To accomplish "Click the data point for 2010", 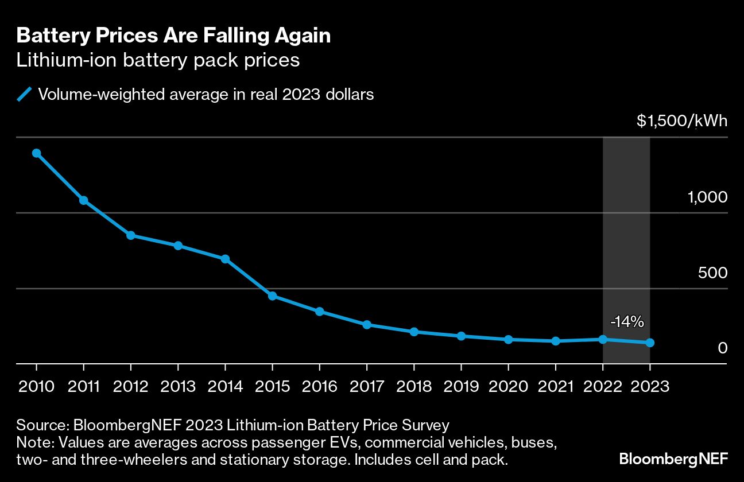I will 36,153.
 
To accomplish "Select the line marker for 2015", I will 273,296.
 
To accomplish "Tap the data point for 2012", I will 131,235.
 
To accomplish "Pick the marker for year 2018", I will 414,332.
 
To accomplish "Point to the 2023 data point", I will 650,343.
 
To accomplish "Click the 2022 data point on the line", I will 603,339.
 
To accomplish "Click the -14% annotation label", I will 626,322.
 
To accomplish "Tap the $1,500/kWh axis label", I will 681,121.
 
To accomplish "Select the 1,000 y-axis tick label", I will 707,197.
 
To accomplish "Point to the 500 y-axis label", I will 712,273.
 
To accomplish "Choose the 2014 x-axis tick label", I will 226,386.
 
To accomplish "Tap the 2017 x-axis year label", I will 367,386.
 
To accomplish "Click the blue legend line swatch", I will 24,94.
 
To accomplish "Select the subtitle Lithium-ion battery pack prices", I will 158,60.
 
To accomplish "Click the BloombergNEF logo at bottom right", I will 673,459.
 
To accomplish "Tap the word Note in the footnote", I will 33,443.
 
